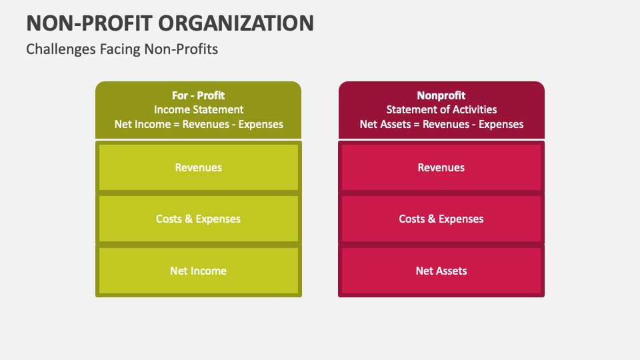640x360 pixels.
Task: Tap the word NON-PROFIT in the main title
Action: coord(88,23)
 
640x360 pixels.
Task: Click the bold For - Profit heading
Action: coord(199,95)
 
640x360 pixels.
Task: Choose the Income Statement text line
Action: coord(199,109)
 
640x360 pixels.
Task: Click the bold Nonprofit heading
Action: coord(441,95)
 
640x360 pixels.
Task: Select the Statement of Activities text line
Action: coord(441,109)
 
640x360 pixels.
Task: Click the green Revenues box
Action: coord(199,167)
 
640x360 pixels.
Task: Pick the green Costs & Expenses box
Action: coord(199,219)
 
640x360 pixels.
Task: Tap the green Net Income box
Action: coord(199,271)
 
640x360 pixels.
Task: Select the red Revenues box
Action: coord(441,167)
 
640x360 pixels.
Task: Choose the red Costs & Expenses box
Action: coord(441,219)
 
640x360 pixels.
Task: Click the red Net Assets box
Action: coord(441,271)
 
